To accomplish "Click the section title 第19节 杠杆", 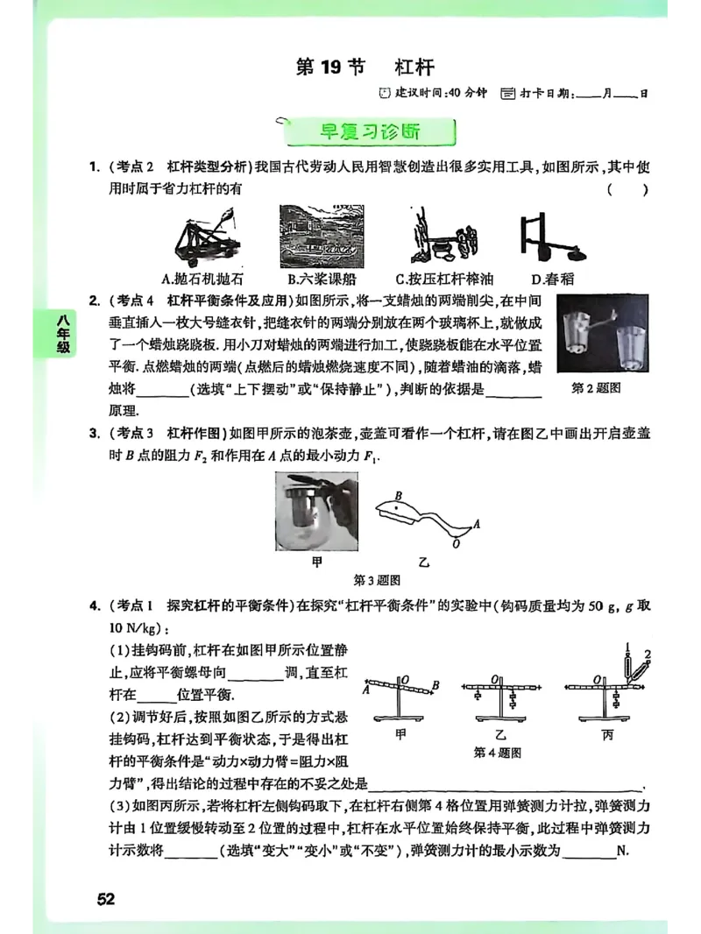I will click(365, 67).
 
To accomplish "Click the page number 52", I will click(106, 900).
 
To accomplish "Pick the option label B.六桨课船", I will click(316, 279).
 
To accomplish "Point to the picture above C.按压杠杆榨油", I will click(444, 236).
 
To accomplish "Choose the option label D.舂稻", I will click(549, 279).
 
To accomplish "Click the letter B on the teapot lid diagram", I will click(400, 495).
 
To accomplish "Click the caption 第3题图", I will click(378, 580).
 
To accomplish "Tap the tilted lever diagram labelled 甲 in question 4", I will click(403, 698).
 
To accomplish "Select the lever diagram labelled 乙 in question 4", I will click(500, 698).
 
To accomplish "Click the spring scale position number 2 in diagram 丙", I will click(648, 653).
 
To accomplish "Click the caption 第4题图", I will click(498, 752).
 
